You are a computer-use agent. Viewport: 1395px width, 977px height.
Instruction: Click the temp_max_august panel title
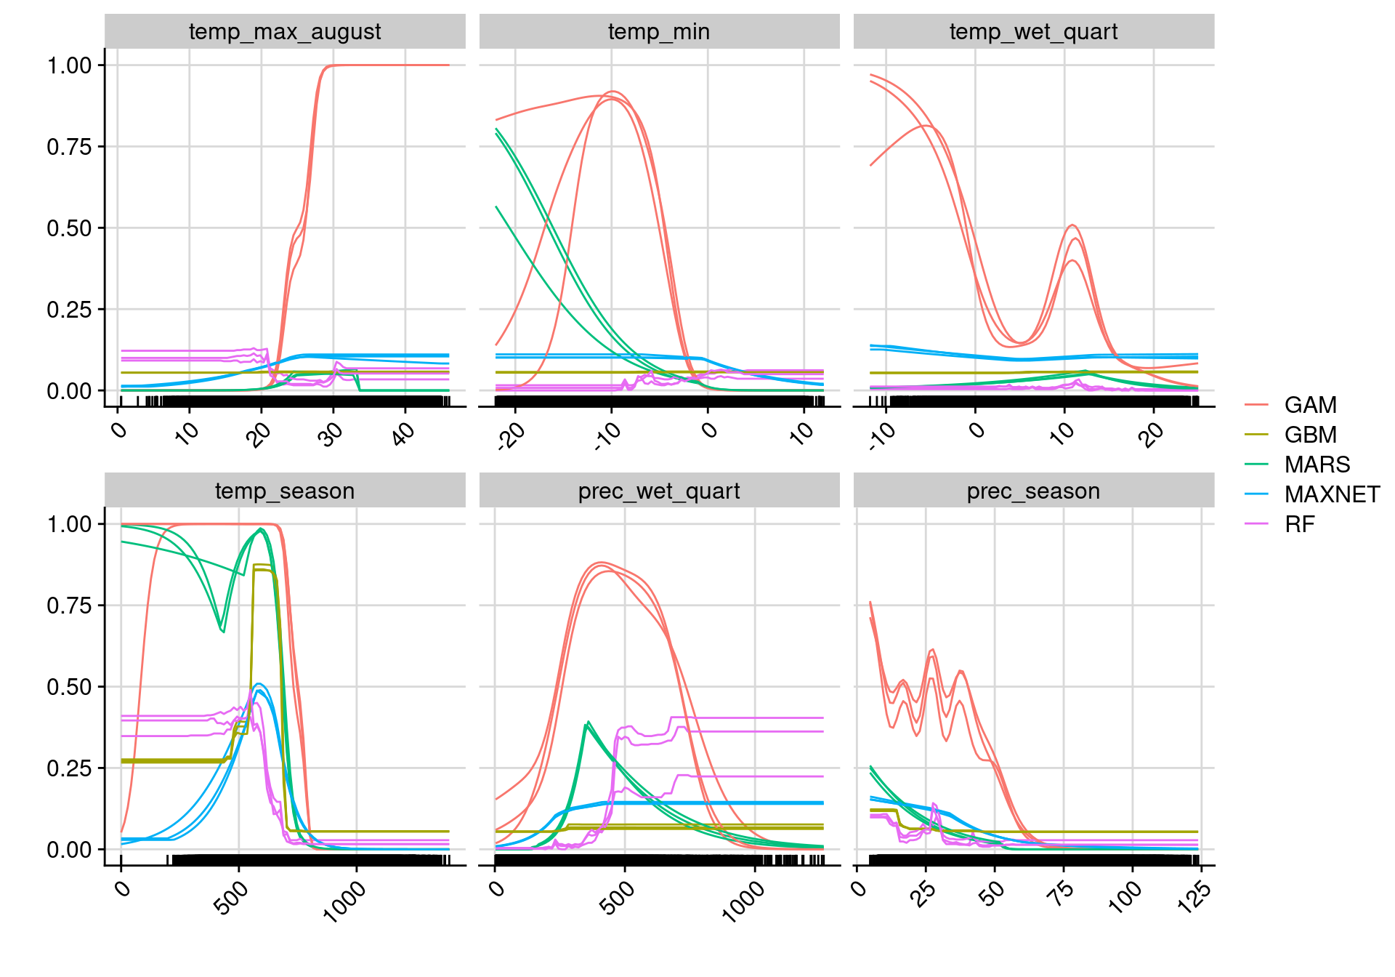pos(285,32)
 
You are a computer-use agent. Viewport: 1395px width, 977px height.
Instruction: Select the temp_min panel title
pos(659,32)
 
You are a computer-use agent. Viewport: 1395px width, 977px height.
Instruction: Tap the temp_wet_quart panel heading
pos(1033,32)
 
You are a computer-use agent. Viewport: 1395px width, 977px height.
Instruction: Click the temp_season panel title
pos(285,491)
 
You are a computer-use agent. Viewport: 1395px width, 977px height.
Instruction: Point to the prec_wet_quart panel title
pos(659,491)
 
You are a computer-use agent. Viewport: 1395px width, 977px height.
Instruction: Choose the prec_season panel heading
pos(1033,491)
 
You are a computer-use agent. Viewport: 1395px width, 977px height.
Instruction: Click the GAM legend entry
pos(1310,405)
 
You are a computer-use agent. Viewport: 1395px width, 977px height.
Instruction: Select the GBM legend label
pos(1310,435)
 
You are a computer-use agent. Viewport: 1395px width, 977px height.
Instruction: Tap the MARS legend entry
pos(1317,465)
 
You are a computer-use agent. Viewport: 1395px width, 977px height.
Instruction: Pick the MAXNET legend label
pos(1332,494)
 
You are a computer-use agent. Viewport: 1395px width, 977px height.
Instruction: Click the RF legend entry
pos(1299,524)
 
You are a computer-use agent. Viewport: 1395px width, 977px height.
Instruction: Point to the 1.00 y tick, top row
pos(70,65)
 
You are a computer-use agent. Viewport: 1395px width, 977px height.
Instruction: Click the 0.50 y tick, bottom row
pos(70,687)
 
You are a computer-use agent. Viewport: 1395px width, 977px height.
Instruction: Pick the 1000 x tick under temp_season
pos(344,901)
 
